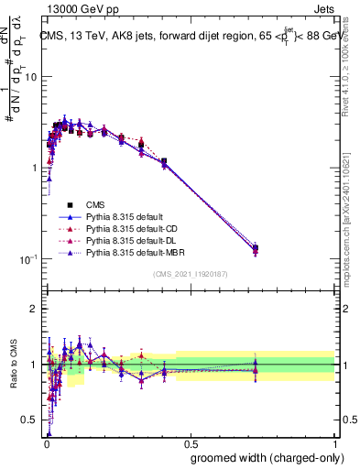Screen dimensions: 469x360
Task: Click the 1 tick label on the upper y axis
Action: (34, 169)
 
